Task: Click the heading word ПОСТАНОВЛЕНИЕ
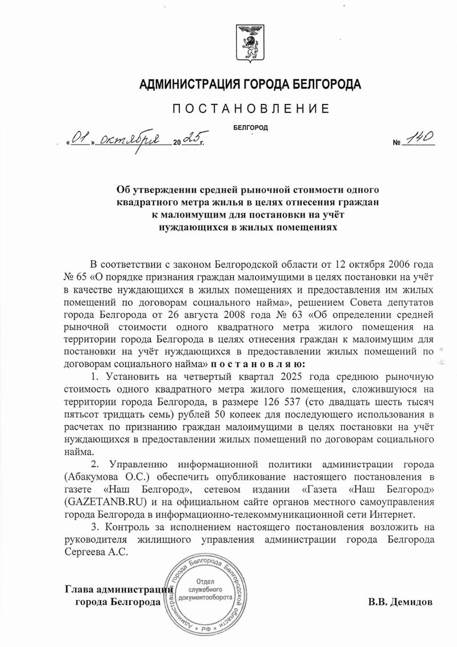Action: pos(250,108)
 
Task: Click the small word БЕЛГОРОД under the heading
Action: pos(251,128)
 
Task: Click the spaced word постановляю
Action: pos(258,364)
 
